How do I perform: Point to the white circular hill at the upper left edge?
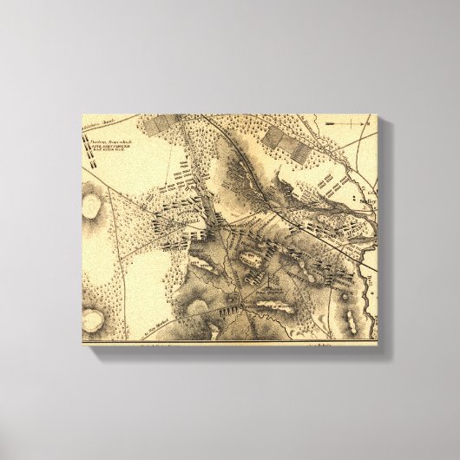pyautogui.click(x=91, y=205)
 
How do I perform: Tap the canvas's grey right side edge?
pyautogui.click(x=384, y=234)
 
